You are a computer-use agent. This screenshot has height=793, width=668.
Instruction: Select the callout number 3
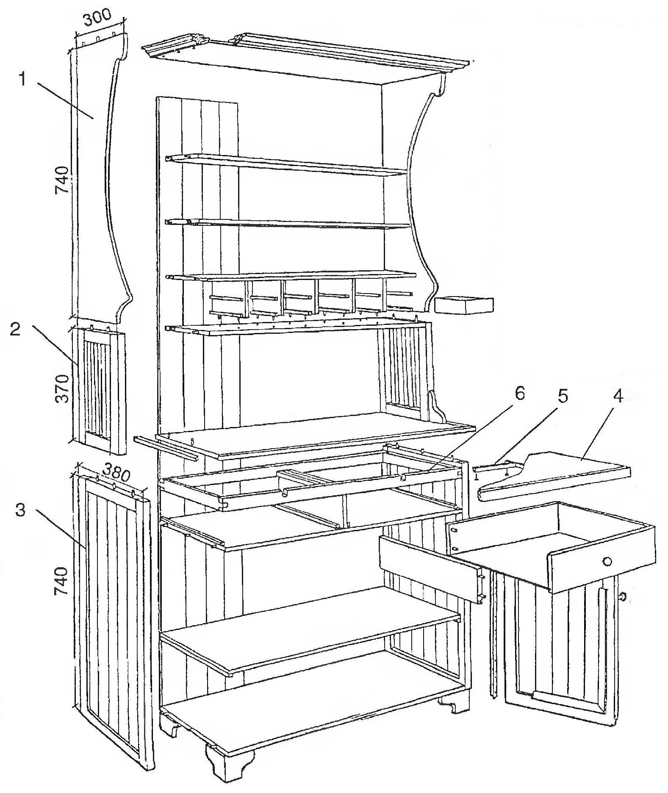pyautogui.click(x=21, y=510)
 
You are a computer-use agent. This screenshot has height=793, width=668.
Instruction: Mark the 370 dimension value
pyautogui.click(x=62, y=389)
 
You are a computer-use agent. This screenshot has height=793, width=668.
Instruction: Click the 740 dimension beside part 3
pyautogui.click(x=62, y=581)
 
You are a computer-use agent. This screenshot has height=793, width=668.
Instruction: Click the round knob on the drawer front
pyautogui.click(x=607, y=561)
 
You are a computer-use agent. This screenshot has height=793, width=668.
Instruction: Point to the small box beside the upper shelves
pyautogui.click(x=465, y=305)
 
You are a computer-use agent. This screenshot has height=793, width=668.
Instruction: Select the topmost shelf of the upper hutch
pyautogui.click(x=286, y=164)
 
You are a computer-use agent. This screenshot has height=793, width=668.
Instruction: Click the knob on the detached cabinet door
pyautogui.click(x=623, y=598)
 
